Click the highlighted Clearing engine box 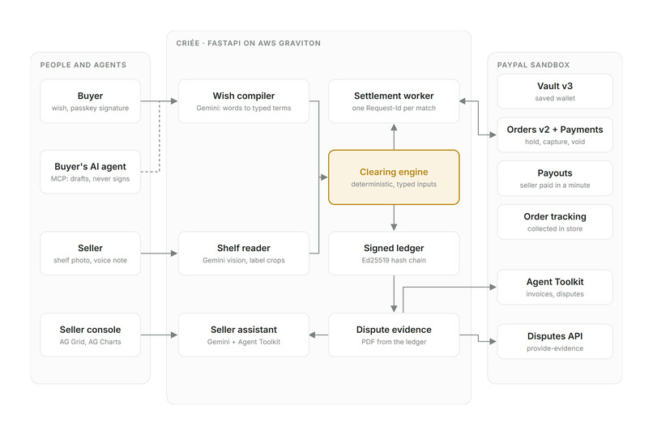point(394,177)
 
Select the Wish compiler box point(244,101)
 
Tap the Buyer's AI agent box point(90,172)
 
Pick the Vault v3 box point(555,92)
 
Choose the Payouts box point(555,178)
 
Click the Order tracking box point(555,222)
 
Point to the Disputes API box point(555,341)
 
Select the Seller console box point(90,335)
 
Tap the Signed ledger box point(394,254)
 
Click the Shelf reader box point(244,254)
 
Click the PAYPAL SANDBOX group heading point(533,65)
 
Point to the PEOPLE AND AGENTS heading point(83,65)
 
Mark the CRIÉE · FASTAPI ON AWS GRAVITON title point(248,43)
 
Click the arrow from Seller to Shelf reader point(159,253)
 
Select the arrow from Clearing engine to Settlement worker point(394,137)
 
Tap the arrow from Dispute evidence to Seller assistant point(318,335)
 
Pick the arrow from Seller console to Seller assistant point(159,335)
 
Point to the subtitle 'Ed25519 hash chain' point(394,260)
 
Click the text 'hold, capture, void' point(555,142)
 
